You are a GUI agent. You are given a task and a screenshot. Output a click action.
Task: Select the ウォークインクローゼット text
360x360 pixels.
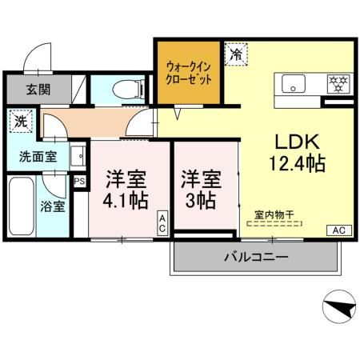click(x=189, y=73)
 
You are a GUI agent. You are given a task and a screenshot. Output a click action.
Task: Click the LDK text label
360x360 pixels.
click(x=298, y=142)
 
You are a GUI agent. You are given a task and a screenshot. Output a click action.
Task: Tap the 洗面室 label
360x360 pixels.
click(x=38, y=155)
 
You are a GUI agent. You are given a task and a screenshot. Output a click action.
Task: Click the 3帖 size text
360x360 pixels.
click(x=200, y=198)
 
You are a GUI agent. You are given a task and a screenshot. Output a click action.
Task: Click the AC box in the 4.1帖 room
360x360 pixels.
click(x=162, y=223)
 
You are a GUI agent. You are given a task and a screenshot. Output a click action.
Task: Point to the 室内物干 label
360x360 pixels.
click(x=274, y=214)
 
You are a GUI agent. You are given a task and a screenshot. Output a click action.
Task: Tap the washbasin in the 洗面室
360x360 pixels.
click(x=78, y=154)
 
